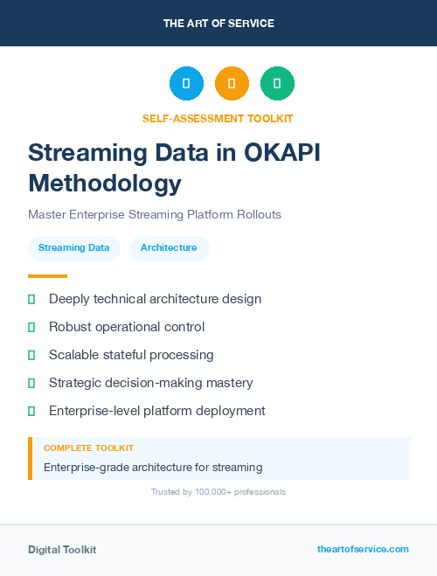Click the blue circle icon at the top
click(186, 84)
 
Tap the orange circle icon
click(232, 84)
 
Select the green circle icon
click(277, 84)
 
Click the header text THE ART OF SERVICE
click(218, 24)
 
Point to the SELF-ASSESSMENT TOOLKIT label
click(218, 118)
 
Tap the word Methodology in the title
click(105, 183)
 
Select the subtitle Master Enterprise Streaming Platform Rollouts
click(155, 214)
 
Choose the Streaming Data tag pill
click(74, 248)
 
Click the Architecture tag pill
click(169, 248)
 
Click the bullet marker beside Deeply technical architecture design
click(31, 299)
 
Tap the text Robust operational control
click(127, 327)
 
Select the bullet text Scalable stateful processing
click(131, 355)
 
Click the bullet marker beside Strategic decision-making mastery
click(31, 383)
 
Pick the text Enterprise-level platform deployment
click(156, 411)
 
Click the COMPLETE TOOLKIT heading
click(88, 448)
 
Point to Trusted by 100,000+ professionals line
click(218, 492)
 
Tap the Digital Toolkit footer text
click(62, 550)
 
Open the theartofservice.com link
click(363, 549)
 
